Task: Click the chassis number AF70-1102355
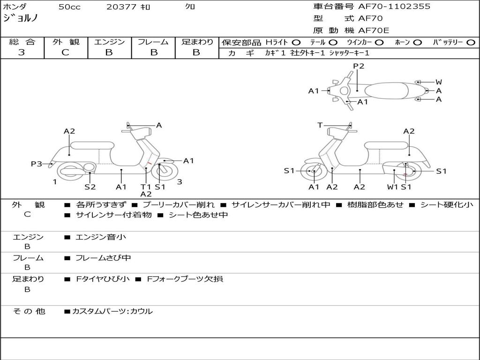[x=394, y=7]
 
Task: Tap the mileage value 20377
[x=121, y=7]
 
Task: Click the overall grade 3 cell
[x=22, y=52]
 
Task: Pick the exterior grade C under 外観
[x=66, y=52]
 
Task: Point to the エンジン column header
[x=109, y=42]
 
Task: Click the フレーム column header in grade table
[x=153, y=42]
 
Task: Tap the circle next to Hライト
[x=296, y=43]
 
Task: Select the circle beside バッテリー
[x=471, y=43]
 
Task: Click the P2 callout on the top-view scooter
[x=359, y=66]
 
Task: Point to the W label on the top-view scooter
[x=439, y=82]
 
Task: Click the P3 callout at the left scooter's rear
[x=37, y=164]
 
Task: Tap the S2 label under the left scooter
[x=90, y=187]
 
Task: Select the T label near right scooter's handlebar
[x=320, y=125]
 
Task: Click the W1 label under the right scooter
[x=392, y=187]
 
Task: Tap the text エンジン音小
[x=101, y=237]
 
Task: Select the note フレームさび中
[x=103, y=258]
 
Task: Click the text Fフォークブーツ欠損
[x=185, y=279]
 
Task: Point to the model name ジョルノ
[x=21, y=18]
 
